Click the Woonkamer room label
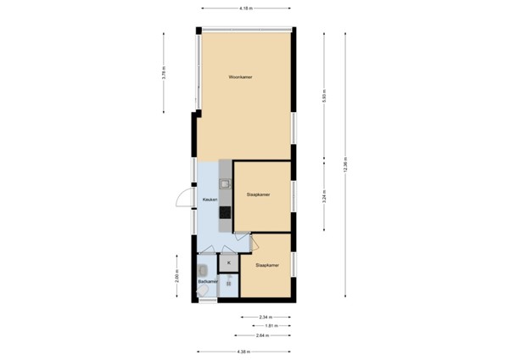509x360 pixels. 241,77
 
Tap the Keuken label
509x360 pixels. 210,200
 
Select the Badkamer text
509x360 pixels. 208,280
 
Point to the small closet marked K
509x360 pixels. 229,263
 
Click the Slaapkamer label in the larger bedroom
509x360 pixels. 258,194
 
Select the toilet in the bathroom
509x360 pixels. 204,292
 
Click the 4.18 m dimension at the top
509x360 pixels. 245,8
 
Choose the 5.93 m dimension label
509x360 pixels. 324,98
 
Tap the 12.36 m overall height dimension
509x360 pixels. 344,166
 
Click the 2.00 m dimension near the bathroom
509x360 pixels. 177,277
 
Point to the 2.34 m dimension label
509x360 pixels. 265,316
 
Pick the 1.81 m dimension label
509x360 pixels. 269,325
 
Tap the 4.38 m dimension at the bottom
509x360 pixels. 245,352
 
